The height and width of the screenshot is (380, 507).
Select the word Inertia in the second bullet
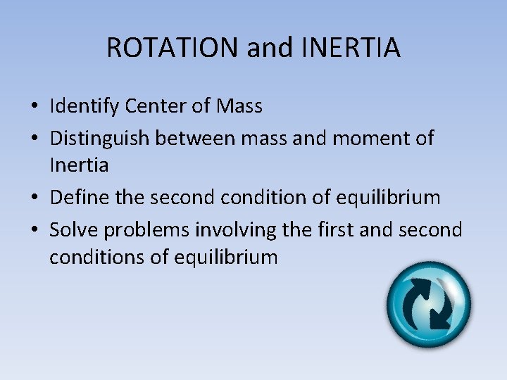(79, 166)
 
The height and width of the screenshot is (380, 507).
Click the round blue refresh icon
(429, 305)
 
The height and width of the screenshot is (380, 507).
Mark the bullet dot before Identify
(33, 108)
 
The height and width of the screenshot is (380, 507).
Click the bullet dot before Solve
(33, 230)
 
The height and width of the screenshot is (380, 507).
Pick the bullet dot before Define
(33, 198)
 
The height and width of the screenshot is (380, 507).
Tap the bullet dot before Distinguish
(33, 139)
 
